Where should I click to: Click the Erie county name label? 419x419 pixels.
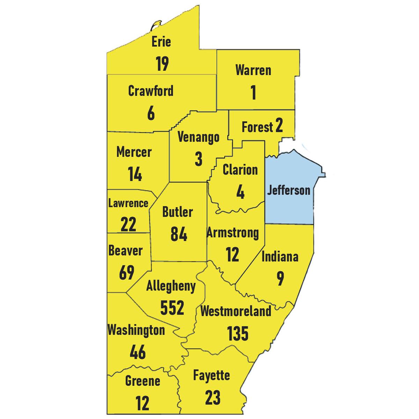point(161,42)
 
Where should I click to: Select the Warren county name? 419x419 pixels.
point(253,70)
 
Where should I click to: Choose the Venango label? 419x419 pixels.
point(198,137)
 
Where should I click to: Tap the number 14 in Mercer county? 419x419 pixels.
point(135,174)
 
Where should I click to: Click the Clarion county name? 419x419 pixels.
point(240,170)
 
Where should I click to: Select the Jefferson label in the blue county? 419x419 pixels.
point(288,190)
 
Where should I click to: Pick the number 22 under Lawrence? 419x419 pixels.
point(128,224)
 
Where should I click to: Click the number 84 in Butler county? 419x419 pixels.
point(179,234)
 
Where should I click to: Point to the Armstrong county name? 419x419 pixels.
point(233,233)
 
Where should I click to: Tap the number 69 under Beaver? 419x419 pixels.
point(126,272)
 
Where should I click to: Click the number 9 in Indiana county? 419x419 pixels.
point(280,278)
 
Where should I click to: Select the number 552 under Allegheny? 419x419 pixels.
point(172,307)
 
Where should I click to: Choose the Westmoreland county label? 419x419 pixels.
point(236,311)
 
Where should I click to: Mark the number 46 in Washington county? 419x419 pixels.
point(137,352)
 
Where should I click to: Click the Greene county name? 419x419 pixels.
point(142,381)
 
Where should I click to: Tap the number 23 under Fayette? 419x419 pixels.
point(212,397)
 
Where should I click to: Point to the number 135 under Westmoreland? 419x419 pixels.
point(238,333)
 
